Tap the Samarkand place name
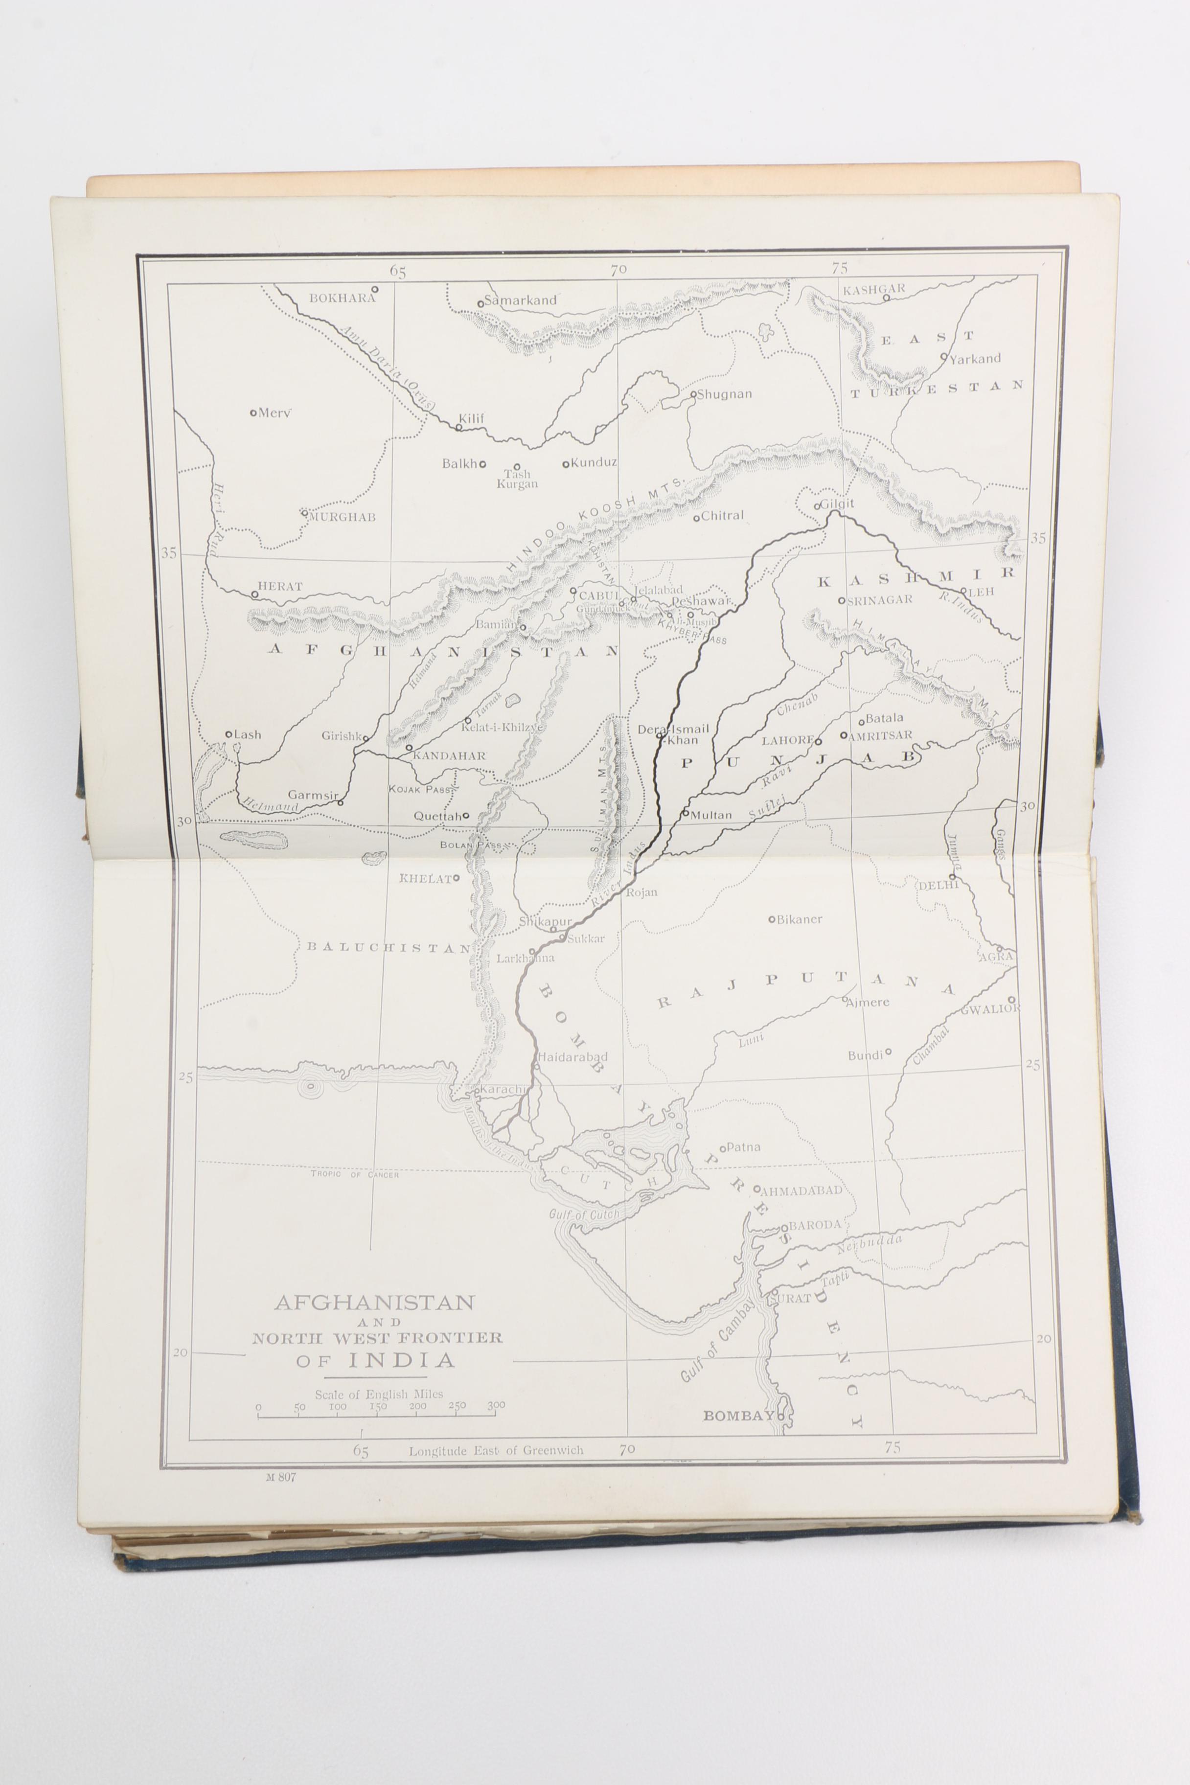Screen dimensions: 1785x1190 click(521, 300)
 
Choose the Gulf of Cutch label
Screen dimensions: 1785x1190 click(584, 1214)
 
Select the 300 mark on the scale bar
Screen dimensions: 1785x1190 click(496, 1405)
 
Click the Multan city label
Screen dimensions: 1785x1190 click(711, 815)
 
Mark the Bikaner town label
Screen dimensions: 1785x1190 click(799, 919)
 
